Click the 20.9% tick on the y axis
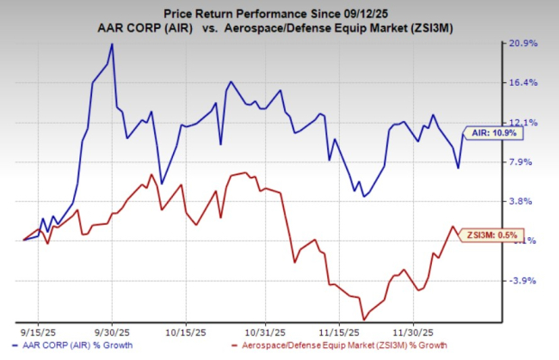(x=526, y=43)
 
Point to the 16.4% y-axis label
(x=526, y=83)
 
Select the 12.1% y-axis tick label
(x=526, y=123)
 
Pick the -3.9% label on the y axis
(x=524, y=281)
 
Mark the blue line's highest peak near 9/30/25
(x=111, y=43)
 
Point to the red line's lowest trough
(x=363, y=318)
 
